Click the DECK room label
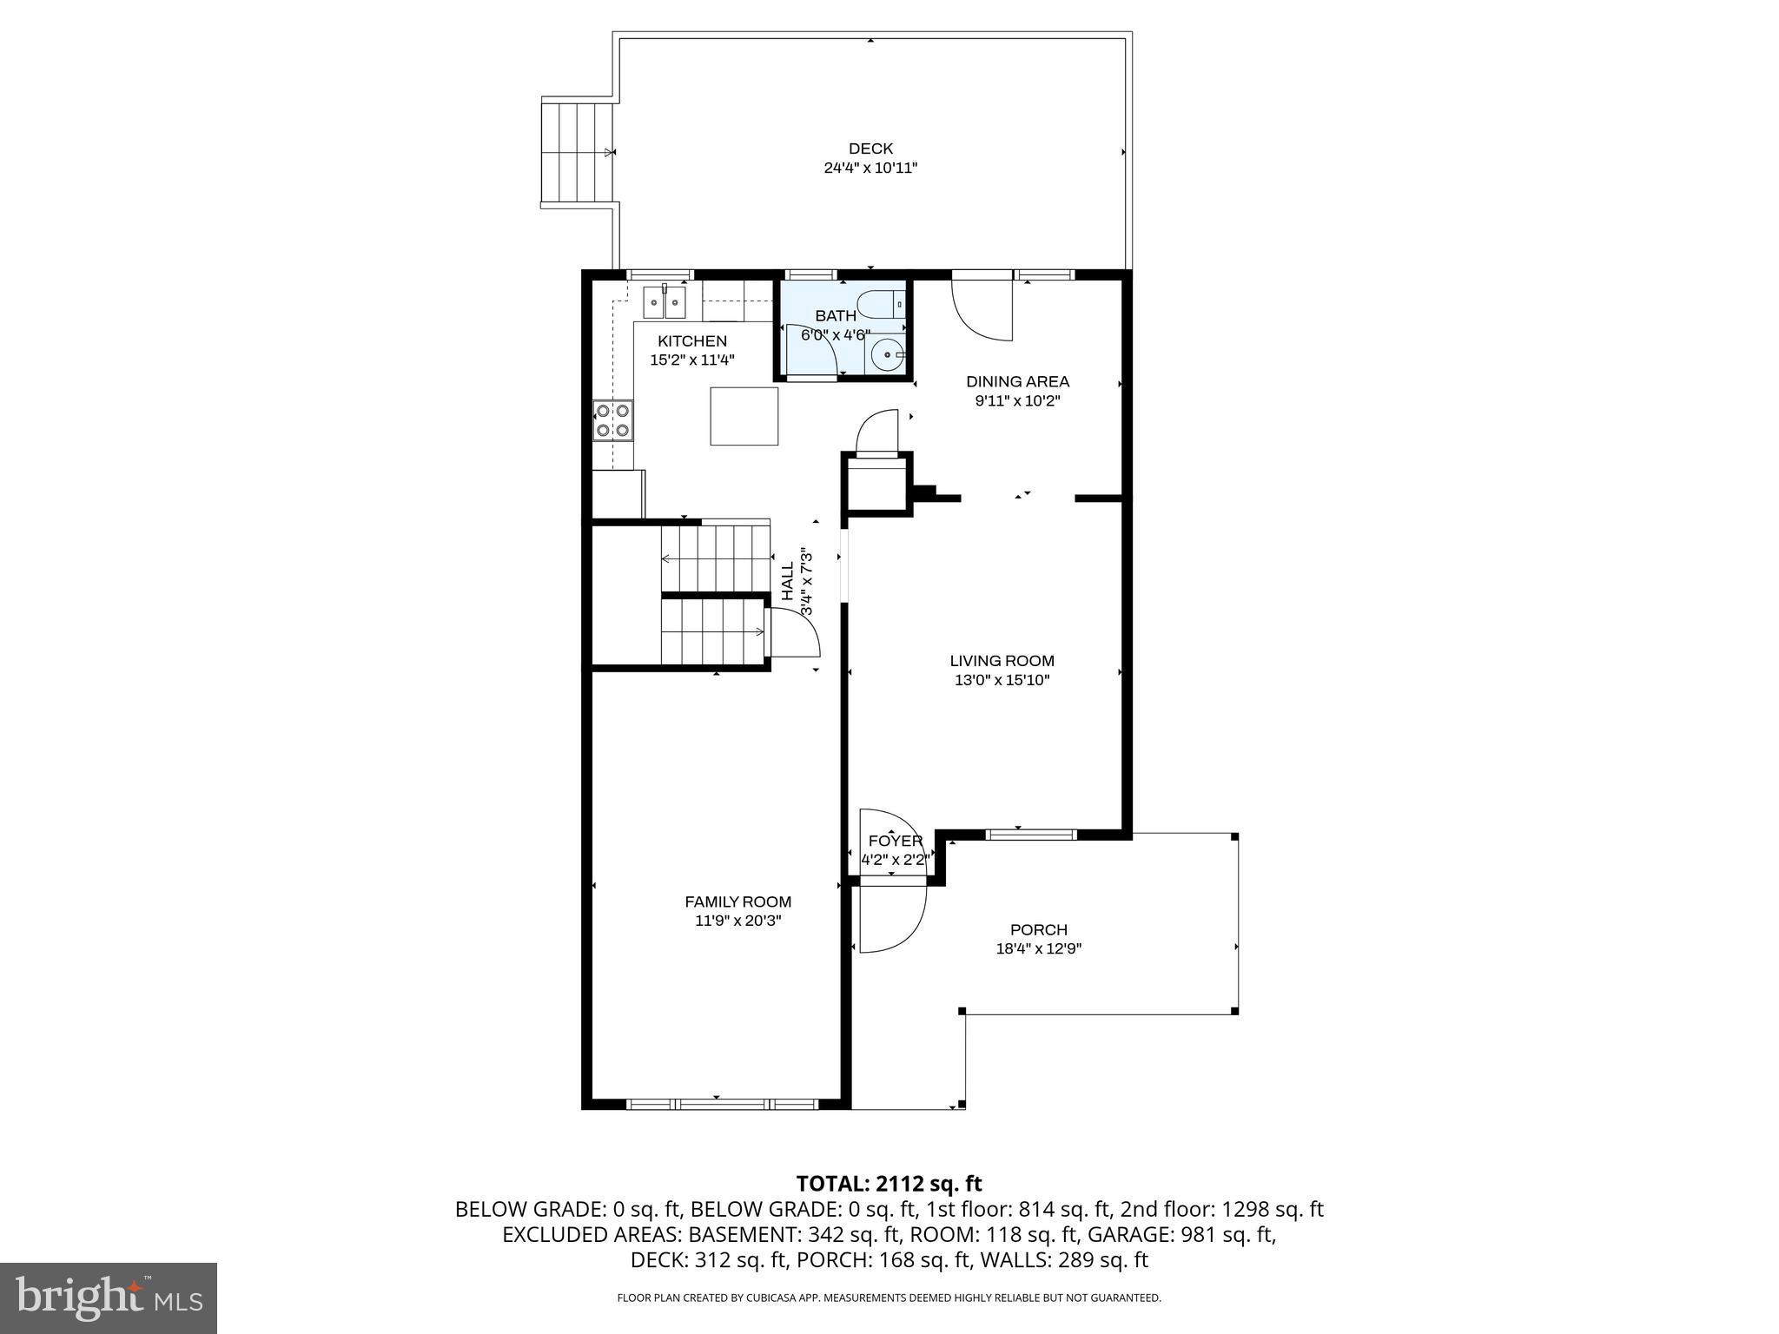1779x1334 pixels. (870, 149)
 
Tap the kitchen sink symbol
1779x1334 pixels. (665, 301)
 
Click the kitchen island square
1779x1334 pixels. (744, 416)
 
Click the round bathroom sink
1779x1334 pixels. (887, 354)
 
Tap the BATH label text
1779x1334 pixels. (835, 316)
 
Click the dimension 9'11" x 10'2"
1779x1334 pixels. (1017, 400)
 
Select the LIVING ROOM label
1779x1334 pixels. (1002, 661)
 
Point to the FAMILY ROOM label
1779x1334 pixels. (737, 901)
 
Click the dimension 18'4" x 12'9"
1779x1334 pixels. (1038, 948)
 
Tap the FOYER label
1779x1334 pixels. (895, 841)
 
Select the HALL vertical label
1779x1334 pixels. (788, 582)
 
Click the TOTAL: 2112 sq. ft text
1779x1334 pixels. (889, 1183)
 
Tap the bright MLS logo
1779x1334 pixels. (108, 1298)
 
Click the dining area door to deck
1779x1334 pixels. (982, 307)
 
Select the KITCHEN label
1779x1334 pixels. (691, 341)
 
